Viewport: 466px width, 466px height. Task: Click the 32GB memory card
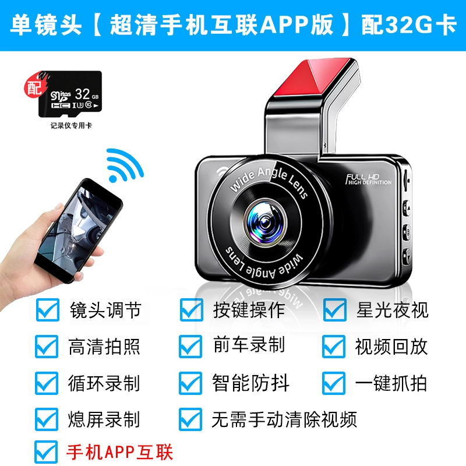coord(70,94)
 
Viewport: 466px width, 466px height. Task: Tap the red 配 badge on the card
coord(34,87)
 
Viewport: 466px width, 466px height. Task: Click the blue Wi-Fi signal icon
coord(125,165)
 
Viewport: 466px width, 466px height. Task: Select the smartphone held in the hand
coord(79,230)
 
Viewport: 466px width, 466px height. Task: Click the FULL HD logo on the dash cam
coord(369,179)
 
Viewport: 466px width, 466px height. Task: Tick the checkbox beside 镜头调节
coord(48,310)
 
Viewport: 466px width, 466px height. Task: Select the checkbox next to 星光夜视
coord(334,310)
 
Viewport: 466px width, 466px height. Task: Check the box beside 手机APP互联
coord(47,452)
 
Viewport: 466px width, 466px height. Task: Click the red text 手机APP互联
coord(119,453)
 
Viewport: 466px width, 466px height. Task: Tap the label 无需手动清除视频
coord(284,419)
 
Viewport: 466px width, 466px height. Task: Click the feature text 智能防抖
coord(250,383)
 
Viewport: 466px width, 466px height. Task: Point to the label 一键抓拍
coord(391,383)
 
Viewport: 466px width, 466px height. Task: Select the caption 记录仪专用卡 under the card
coord(71,125)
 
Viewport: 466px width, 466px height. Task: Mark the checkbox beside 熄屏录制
coord(47,419)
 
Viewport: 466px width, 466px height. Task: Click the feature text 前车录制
coord(249,345)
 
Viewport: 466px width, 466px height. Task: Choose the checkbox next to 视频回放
coord(334,347)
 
